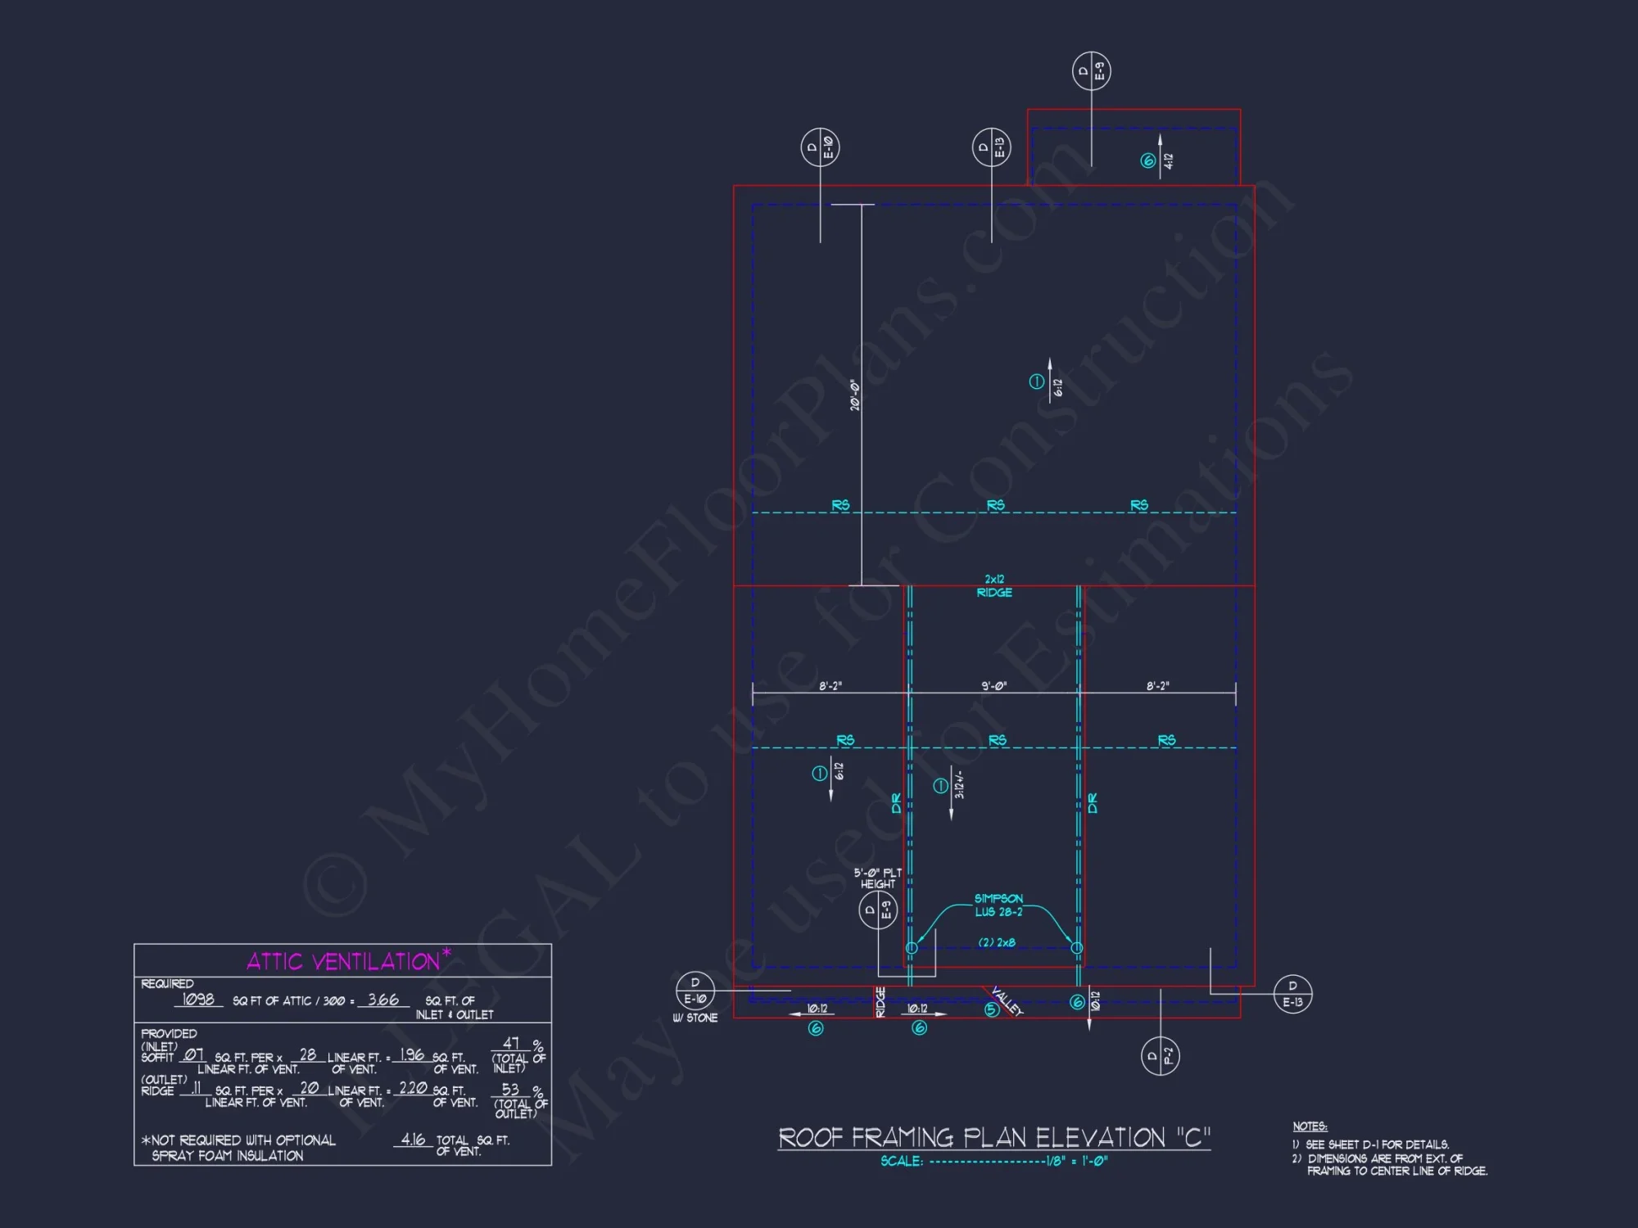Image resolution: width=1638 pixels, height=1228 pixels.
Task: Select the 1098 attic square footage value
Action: [198, 1000]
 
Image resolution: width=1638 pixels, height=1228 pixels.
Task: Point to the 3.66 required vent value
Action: [382, 1000]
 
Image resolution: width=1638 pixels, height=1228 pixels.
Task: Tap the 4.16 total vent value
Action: [413, 1140]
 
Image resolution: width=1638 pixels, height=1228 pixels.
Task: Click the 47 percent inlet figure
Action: [511, 1044]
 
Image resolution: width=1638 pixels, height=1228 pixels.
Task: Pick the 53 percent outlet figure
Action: [510, 1090]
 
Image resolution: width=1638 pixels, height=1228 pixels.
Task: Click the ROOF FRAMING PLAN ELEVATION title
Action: [993, 1138]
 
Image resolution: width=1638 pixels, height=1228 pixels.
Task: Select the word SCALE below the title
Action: [902, 1161]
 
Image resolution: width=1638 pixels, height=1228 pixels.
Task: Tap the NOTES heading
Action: [1310, 1126]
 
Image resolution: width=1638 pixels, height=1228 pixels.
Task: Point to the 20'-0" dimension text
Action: [854, 395]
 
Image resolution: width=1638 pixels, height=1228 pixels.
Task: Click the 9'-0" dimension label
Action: [993, 686]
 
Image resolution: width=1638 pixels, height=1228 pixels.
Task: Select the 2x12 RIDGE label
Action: [994, 586]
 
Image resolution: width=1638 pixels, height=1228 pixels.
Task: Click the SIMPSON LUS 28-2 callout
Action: [998, 905]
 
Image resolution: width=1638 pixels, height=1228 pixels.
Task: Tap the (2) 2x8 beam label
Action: [997, 942]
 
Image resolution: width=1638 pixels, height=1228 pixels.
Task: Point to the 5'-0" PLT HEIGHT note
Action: [877, 878]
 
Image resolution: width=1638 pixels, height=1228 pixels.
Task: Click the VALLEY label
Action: [1007, 1000]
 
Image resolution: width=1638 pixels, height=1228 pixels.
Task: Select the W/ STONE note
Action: [695, 1018]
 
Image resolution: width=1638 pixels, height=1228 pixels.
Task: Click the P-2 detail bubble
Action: [1160, 1056]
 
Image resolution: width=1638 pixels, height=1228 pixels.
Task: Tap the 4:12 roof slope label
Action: [1168, 161]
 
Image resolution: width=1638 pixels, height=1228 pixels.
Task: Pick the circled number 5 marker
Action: [991, 1009]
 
